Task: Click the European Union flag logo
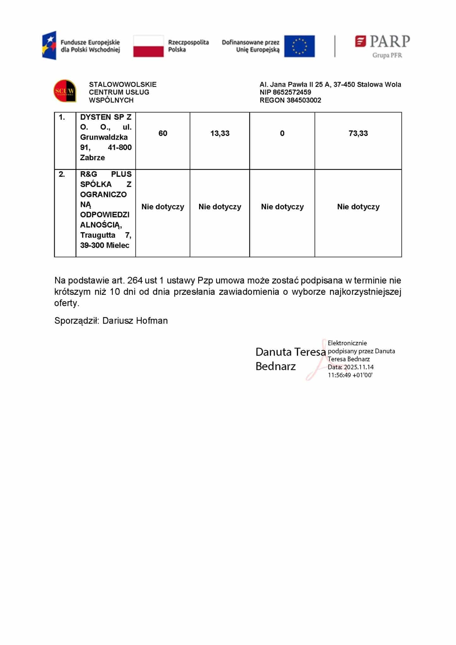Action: pos(299,46)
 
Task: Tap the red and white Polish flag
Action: pos(148,46)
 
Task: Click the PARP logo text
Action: pos(390,41)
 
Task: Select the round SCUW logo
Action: pos(65,91)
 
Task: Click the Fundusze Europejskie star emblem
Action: pos(50,45)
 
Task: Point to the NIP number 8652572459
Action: pos(292,92)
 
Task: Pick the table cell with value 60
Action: pos(163,133)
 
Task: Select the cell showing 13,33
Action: pos(220,133)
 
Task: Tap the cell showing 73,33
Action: pos(358,133)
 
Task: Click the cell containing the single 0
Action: pos(282,133)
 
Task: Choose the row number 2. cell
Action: pos(62,174)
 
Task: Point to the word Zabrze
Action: pos(92,157)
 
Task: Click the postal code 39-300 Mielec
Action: pos(105,245)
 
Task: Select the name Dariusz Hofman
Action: pos(135,321)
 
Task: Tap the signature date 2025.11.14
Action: pos(359,367)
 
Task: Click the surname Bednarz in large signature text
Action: pos(276,366)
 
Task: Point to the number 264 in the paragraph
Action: pos(135,280)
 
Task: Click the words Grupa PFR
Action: pos(387,55)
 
